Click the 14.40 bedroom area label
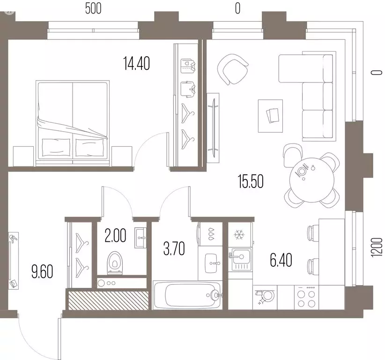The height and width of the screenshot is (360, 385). tap(136, 63)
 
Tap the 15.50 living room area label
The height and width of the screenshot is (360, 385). tap(251, 181)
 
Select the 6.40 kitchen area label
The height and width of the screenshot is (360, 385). tap(281, 260)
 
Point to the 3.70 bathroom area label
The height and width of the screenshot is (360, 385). tap(174, 248)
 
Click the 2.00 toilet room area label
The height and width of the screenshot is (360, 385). tap(115, 235)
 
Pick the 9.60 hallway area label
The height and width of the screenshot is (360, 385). tap(42, 272)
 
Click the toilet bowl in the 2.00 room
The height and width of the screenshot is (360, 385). tap(115, 262)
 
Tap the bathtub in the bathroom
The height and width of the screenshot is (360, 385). tap(187, 295)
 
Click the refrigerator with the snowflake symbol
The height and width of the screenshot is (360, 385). tap(240, 234)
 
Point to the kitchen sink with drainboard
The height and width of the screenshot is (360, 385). tap(240, 259)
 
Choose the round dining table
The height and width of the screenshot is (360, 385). tap(312, 180)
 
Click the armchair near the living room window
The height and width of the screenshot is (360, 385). tap(233, 69)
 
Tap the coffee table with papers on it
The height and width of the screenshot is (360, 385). tap(270, 116)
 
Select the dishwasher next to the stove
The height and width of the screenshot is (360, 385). tap(265, 297)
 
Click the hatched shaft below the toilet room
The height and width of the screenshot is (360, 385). tap(108, 300)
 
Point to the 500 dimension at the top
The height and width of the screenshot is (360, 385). tap(93, 8)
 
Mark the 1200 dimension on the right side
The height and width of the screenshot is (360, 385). tap(377, 247)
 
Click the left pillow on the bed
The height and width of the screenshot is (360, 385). tap(56, 147)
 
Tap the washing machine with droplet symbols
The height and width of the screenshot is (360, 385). tap(210, 234)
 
